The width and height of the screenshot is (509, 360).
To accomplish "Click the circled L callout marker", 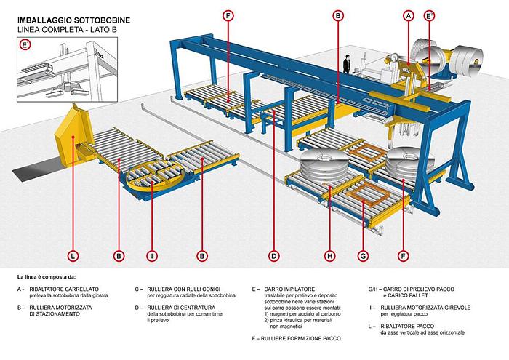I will [x=73, y=255].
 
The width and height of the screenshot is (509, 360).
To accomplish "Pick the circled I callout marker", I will [x=152, y=255].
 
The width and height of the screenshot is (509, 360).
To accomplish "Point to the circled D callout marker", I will [x=273, y=255].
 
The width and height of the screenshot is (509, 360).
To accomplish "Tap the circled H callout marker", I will [x=329, y=255].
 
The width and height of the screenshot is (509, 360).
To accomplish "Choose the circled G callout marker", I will [x=361, y=255].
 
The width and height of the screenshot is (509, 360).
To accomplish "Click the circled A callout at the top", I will [x=409, y=15].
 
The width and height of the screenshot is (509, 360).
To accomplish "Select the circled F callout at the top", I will [x=228, y=15].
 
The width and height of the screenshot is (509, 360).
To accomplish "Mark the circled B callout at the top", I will [x=337, y=15].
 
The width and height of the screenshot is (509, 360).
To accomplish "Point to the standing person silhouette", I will [x=348, y=65].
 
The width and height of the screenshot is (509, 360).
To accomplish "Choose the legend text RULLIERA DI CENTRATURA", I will [x=184, y=308].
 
